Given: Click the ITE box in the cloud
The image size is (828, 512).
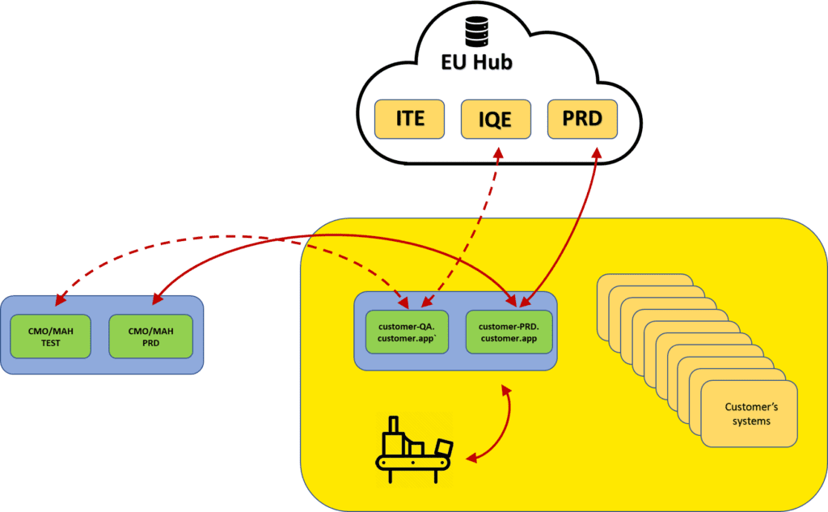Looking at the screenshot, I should (x=410, y=119).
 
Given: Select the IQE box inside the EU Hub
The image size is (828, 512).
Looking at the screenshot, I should (x=496, y=119).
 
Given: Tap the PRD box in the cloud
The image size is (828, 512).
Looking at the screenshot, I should (x=582, y=118).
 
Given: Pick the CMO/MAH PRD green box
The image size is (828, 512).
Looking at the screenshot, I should (x=151, y=336).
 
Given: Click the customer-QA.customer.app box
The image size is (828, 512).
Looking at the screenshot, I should (x=406, y=332).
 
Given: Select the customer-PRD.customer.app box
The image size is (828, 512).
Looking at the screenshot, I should (x=508, y=332).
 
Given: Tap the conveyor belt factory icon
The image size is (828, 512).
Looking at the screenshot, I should (x=415, y=445).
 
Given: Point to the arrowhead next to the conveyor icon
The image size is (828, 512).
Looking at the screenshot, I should (x=472, y=459).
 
